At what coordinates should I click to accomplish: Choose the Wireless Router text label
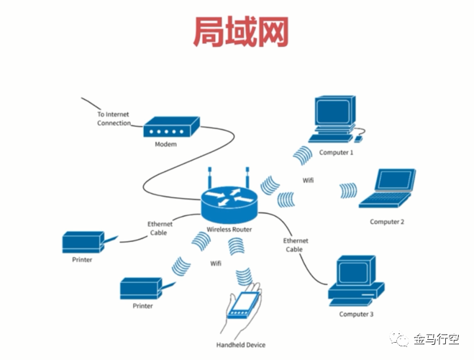[229, 228]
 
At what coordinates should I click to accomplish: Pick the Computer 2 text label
[387, 222]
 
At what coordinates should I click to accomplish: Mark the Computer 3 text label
[357, 314]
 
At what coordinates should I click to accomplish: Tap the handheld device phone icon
[245, 305]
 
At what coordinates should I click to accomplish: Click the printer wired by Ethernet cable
[82, 242]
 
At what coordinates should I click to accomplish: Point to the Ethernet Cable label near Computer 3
[296, 244]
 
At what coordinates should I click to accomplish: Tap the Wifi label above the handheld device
[216, 264]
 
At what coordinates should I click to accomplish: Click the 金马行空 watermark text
[439, 339]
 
